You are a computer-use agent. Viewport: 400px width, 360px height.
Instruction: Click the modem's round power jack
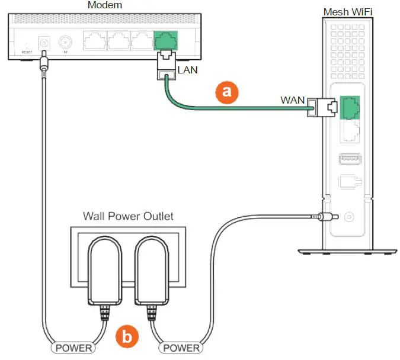43,44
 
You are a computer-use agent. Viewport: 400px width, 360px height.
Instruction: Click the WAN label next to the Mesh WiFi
292,100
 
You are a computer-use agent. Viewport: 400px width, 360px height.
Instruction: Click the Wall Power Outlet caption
128,216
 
